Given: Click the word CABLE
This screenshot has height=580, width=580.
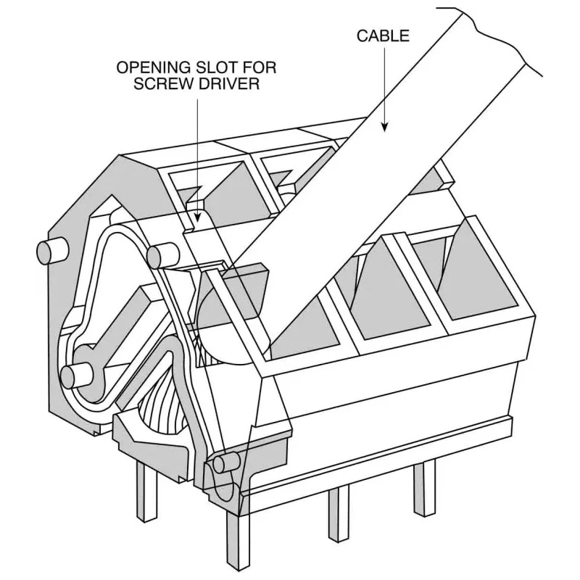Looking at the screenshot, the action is [x=383, y=36].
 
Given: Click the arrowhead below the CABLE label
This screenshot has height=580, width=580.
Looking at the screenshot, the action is [x=385, y=126].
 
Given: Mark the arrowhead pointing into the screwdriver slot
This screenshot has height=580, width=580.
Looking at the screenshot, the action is [x=198, y=215].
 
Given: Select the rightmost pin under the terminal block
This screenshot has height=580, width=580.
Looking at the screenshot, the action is [x=424, y=489].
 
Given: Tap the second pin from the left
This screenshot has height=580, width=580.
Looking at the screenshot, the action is [x=237, y=544].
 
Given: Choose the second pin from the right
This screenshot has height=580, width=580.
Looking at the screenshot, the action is [x=339, y=514].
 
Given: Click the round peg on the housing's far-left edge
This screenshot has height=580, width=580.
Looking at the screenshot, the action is [x=51, y=252].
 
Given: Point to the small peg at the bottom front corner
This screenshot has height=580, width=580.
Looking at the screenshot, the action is [x=226, y=463].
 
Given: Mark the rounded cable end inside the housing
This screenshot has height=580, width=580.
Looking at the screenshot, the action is [x=218, y=326].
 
